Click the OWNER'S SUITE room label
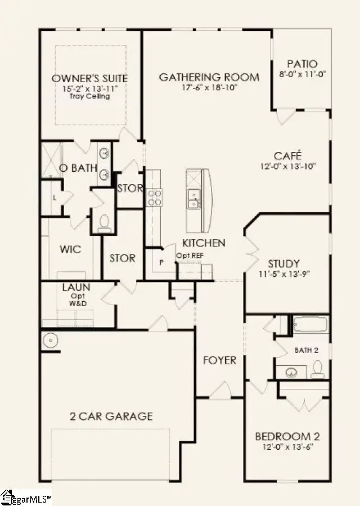(90, 78)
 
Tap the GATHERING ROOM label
(209, 77)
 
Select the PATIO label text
(302, 64)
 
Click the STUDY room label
(283, 263)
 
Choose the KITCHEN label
(204, 243)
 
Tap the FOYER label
(219, 360)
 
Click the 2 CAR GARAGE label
(111, 417)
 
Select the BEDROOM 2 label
(283, 436)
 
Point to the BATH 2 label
(307, 350)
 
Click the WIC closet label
(71, 249)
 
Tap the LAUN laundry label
(76, 287)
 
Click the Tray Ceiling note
(90, 96)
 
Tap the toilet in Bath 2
(317, 369)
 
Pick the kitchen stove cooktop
(154, 196)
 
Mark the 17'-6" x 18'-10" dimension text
(209, 88)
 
